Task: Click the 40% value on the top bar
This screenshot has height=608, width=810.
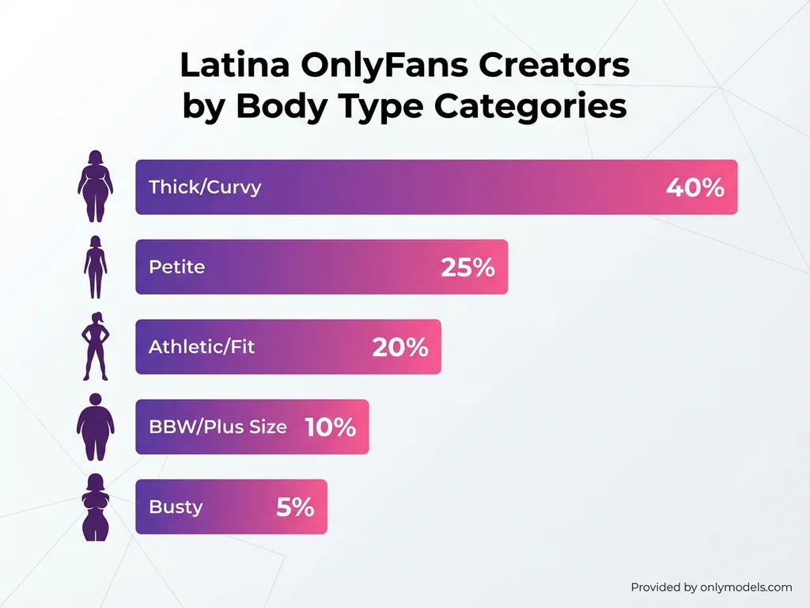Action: click(x=695, y=188)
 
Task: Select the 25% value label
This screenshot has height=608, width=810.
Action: click(x=467, y=268)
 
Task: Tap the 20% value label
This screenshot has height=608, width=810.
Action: click(x=400, y=347)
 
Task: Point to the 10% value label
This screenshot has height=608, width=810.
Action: click(x=330, y=427)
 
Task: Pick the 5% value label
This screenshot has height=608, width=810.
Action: click(x=295, y=507)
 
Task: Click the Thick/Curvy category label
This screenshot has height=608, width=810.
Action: click(x=205, y=188)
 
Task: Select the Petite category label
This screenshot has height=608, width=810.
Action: click(x=176, y=267)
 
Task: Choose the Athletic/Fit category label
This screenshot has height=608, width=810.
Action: click(x=202, y=347)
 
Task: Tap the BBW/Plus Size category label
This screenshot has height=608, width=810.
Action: click(x=218, y=427)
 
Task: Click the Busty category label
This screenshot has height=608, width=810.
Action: click(x=176, y=507)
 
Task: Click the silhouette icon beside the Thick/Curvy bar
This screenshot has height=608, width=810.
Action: click(x=95, y=186)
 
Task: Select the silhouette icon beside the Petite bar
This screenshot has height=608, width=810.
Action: click(x=95, y=266)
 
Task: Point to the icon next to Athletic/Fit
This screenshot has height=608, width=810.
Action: click(x=95, y=346)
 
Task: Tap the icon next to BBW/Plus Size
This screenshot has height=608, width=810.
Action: click(x=95, y=427)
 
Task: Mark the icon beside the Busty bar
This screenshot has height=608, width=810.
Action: click(x=95, y=507)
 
